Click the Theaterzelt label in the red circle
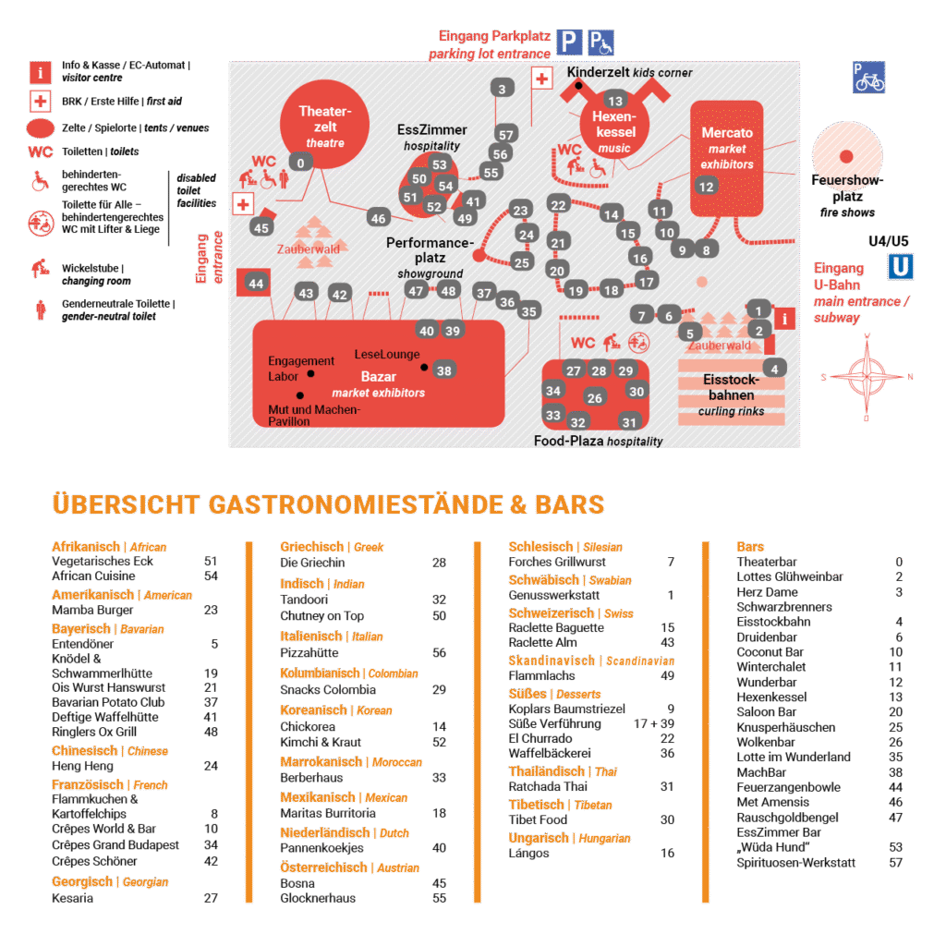click(x=319, y=120)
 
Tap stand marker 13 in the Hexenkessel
click(x=615, y=101)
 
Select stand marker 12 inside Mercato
click(x=707, y=187)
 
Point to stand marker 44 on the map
click(x=256, y=284)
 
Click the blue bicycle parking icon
click(x=868, y=78)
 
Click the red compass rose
click(x=867, y=376)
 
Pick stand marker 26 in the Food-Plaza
click(x=595, y=398)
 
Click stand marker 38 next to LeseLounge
click(x=444, y=370)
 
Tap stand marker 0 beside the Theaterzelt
click(x=299, y=163)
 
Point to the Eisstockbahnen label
click(x=731, y=387)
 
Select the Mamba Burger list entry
click(x=80, y=610)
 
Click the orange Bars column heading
click(x=749, y=547)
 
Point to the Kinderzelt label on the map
click(x=598, y=72)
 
